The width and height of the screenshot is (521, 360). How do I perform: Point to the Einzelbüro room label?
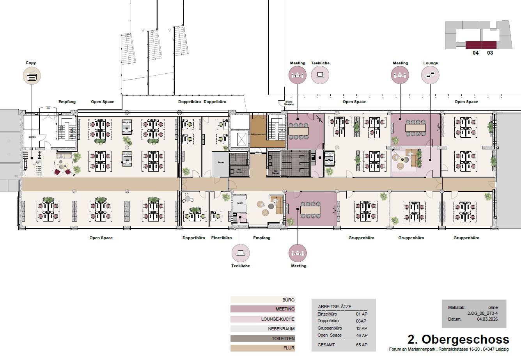222,238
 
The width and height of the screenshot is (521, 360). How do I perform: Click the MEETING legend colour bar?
262,309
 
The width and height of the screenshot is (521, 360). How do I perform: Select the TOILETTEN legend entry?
262,339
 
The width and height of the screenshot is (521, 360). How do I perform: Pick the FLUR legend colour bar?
262,348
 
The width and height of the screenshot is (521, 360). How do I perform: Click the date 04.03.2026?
487,319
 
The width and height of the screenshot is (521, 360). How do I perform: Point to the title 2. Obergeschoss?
458,339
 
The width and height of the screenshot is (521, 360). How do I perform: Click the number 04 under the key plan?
476,53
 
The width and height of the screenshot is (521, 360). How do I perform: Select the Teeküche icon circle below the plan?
241,253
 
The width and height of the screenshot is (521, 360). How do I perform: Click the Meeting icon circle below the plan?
298,253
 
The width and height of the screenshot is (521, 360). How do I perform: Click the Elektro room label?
32,137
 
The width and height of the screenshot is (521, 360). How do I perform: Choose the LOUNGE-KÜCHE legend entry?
262,319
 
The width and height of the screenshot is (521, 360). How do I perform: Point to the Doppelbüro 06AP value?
362,321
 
